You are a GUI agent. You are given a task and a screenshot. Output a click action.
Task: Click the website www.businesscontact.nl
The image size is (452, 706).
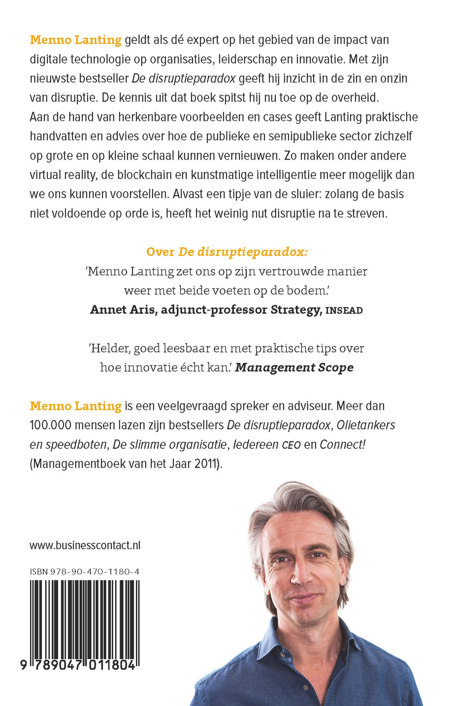tap(85, 545)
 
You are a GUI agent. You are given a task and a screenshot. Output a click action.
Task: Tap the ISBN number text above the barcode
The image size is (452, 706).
tap(84, 571)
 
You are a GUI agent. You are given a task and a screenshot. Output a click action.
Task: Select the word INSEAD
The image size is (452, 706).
tap(344, 311)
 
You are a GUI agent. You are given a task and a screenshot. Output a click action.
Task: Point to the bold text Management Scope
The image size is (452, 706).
tap(294, 368)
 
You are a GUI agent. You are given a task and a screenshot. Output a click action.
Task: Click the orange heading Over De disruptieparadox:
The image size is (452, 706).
tap(226, 252)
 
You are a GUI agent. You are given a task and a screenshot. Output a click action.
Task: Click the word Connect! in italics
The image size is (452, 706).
tap(343, 444)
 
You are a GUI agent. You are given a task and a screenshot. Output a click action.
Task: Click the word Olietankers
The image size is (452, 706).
tap(365, 425)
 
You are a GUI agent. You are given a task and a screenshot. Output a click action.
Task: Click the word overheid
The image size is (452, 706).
tap(352, 97)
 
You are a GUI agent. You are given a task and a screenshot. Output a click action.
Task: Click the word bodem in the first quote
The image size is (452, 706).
tap(307, 290)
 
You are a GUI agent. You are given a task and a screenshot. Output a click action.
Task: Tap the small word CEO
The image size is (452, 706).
tap(291, 445)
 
